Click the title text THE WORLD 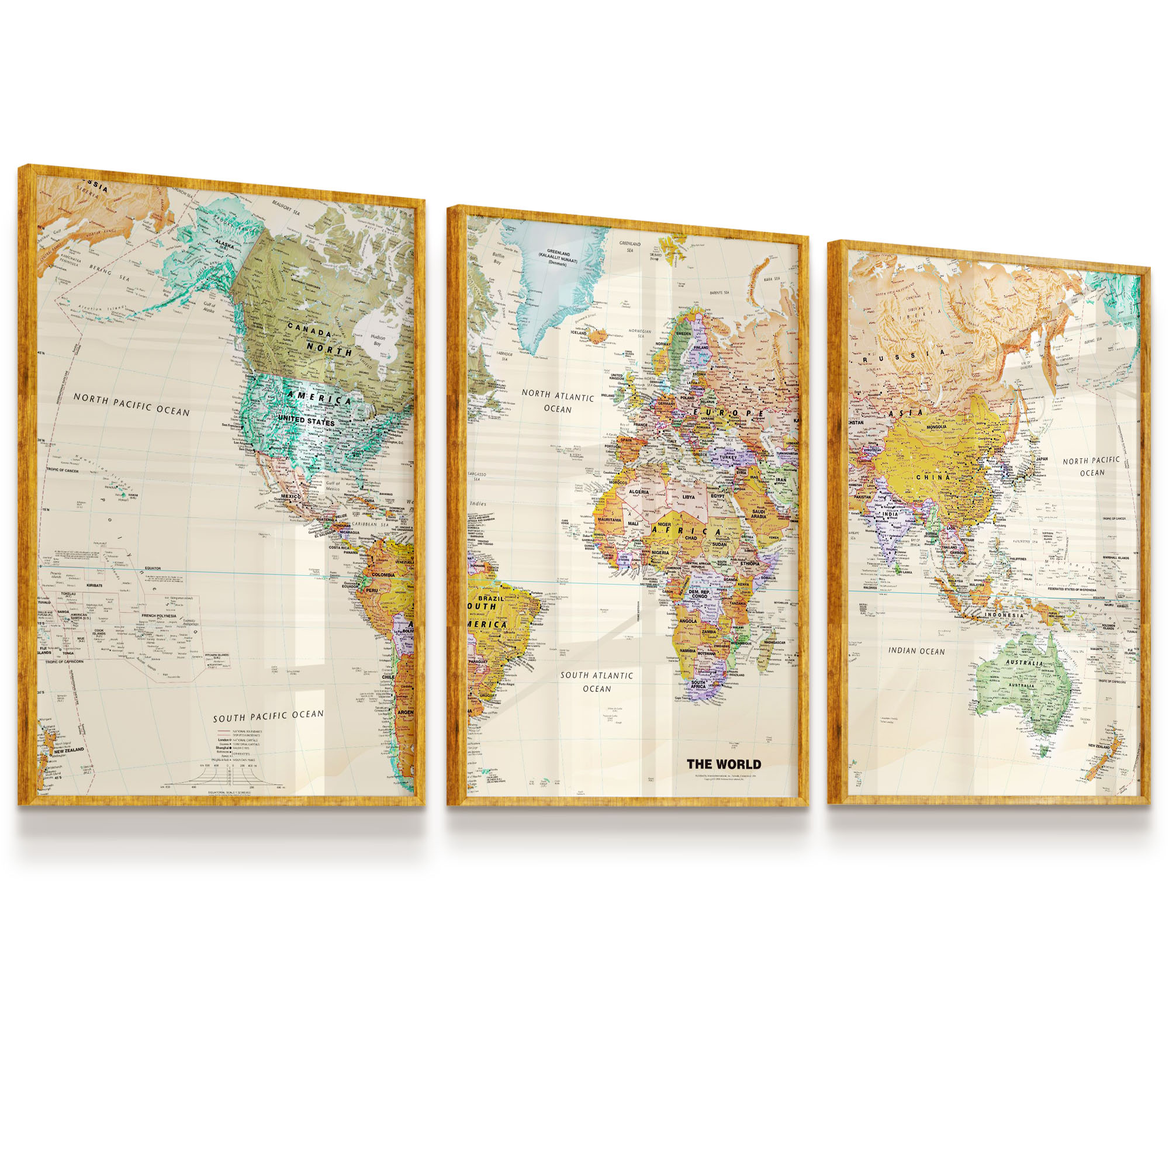(724, 764)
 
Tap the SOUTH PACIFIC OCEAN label (268, 716)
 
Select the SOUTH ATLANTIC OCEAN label (597, 682)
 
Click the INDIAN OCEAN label (916, 651)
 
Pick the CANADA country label (309, 329)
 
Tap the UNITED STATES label (306, 420)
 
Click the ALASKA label (224, 245)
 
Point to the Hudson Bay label (377, 340)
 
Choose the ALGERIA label (638, 492)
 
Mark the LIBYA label (689, 497)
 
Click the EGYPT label (718, 496)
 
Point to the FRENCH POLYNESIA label (158, 616)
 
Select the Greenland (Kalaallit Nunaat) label (558, 257)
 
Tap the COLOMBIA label (383, 575)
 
